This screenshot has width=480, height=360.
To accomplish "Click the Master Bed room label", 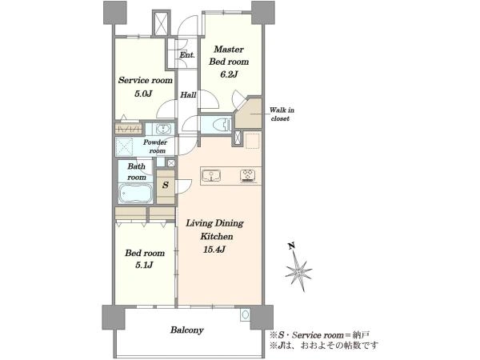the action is coord(229,55).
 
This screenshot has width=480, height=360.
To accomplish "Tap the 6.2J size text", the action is coord(229,74).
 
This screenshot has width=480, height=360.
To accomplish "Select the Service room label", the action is coord(146,80).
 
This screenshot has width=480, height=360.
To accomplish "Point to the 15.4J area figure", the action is coord(214,250).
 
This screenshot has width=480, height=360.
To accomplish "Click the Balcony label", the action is coord(186,330).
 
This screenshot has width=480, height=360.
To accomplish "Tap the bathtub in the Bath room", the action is coord(136,193).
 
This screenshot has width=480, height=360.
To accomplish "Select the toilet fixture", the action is coord(222,125).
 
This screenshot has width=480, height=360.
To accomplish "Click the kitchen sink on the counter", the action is coord(211,176).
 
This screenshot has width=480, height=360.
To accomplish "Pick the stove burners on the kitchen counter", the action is coord(248,176).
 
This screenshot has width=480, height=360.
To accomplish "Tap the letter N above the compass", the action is coord(291,246).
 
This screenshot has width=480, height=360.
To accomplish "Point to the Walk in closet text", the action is coord(282,114).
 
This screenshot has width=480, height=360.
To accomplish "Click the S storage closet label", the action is coord(166,185).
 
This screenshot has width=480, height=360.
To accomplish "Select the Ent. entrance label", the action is coord(186,55).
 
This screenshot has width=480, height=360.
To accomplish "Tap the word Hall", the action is coord(188,95).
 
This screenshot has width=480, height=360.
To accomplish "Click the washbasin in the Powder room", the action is coord(163,129).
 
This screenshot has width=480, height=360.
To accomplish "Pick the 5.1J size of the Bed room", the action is coord(144,265).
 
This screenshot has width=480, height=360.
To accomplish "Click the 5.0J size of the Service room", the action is coord(143,94).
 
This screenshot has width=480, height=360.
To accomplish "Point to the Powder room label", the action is coord(155,146).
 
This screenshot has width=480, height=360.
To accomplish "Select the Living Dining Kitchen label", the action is coord(215,230).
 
